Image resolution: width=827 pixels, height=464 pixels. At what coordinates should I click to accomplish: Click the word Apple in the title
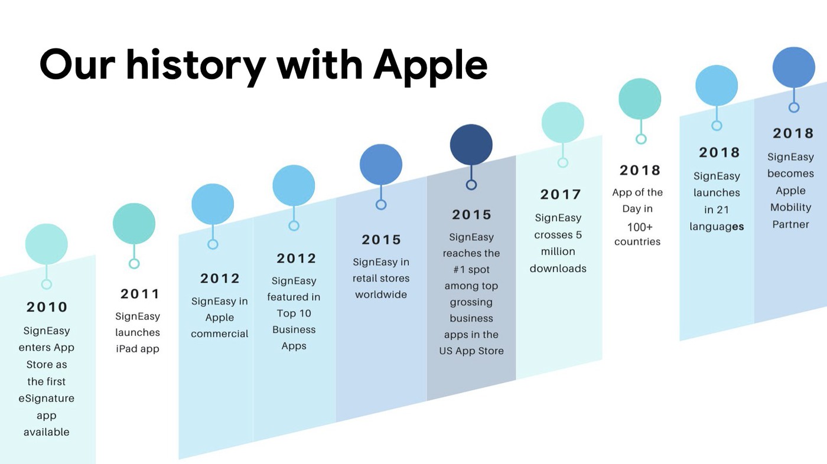click(x=431, y=66)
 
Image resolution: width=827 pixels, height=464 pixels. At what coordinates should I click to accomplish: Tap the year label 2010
click(x=47, y=307)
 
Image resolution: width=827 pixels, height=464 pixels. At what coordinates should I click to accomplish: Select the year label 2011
click(x=140, y=294)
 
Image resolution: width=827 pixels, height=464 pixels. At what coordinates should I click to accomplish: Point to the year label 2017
click(x=561, y=194)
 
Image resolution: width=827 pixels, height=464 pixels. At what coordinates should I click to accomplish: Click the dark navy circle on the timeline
click(x=471, y=145)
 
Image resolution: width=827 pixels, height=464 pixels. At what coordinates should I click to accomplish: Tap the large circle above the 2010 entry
click(x=47, y=244)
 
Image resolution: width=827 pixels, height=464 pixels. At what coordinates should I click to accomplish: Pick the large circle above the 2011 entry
click(x=134, y=224)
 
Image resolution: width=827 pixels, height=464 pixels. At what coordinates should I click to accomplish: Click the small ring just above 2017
click(x=562, y=163)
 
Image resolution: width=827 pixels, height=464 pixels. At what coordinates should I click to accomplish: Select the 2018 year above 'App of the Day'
click(x=640, y=171)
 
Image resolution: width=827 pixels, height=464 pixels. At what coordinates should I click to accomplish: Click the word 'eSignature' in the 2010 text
click(x=47, y=398)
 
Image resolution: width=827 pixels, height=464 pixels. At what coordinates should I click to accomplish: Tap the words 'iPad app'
click(x=137, y=348)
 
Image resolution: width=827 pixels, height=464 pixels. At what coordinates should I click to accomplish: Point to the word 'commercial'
click(x=219, y=334)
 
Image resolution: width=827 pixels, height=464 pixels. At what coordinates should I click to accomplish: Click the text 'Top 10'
click(x=294, y=313)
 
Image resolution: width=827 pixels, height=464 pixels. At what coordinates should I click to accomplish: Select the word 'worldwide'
click(x=381, y=295)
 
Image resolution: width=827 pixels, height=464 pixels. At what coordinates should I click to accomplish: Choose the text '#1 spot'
click(x=471, y=270)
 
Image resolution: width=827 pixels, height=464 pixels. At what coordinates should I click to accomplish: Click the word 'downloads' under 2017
click(x=558, y=269)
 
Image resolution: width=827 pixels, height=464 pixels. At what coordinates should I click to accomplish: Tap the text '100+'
click(x=640, y=227)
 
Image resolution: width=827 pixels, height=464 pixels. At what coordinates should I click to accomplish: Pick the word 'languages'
click(x=717, y=227)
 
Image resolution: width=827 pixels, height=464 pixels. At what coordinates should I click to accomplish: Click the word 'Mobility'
click(x=791, y=207)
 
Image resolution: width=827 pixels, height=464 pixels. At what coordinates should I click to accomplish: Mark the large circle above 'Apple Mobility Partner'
click(x=794, y=67)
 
